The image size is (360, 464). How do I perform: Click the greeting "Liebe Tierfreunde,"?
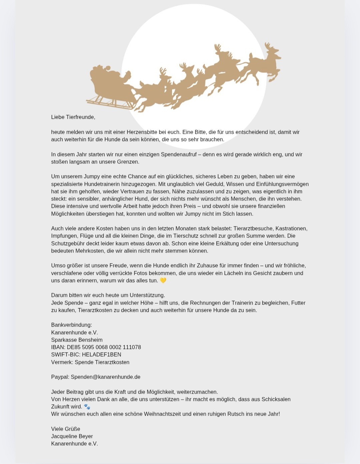(73, 117)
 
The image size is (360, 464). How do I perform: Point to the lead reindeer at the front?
(265, 63)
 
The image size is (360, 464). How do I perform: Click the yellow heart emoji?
(163, 281)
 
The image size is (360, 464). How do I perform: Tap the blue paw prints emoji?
(87, 407)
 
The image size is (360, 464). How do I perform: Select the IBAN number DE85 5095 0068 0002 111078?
(104, 347)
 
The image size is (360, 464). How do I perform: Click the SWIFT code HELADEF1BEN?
(101, 355)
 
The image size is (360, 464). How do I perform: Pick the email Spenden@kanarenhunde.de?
(105, 377)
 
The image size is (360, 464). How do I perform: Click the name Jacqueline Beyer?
(72, 436)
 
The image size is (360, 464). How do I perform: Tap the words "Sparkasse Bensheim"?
(77, 340)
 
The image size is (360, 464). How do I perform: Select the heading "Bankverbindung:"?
(71, 325)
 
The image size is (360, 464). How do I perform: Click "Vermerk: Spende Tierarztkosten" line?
(90, 362)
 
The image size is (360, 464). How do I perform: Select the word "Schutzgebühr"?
(67, 244)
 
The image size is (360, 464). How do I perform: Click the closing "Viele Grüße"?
(65, 429)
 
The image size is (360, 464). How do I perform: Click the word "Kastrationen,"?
(291, 228)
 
